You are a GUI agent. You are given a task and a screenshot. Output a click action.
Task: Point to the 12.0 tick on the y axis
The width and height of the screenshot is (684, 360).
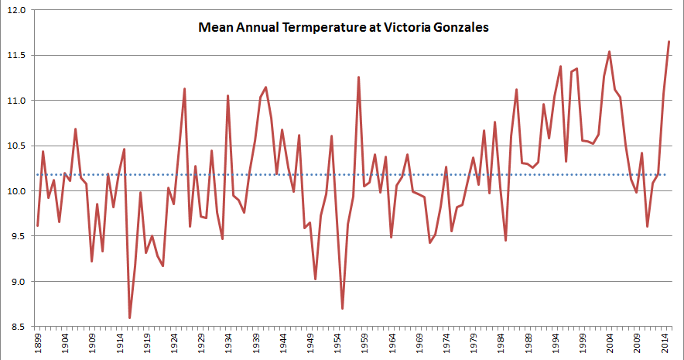[x=17, y=10]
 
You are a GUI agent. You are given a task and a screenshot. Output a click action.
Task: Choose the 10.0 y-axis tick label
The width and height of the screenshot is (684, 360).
[x=17, y=191]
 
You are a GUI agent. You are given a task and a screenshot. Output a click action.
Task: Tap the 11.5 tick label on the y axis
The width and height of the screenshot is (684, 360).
[x=17, y=56]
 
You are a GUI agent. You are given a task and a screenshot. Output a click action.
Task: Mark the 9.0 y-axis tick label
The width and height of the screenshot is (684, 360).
[x=17, y=282]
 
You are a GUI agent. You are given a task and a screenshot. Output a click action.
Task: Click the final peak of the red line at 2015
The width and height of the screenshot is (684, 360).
[x=669, y=42]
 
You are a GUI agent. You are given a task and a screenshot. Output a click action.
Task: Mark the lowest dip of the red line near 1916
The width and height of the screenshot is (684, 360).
[x=130, y=317]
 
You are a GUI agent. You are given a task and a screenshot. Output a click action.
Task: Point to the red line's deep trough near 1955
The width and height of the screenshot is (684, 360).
[x=342, y=308]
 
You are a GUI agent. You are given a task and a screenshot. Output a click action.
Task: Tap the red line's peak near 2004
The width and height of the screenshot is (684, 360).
[x=610, y=52]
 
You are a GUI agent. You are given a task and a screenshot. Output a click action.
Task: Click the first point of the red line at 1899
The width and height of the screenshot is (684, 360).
[x=38, y=225]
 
